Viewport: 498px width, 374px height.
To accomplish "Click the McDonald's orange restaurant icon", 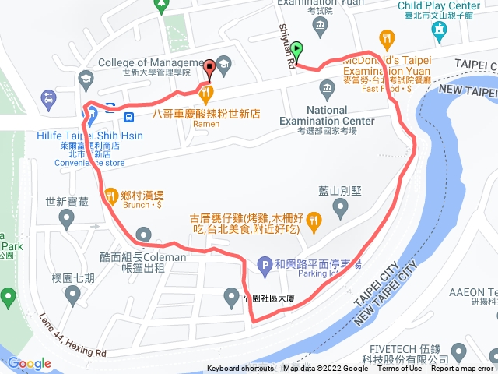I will coord(388,37).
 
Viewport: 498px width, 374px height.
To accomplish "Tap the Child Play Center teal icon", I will coord(438,30).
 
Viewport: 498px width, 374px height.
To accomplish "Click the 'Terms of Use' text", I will coord(399,369).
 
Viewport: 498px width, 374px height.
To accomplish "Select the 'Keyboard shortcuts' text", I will coord(240,369).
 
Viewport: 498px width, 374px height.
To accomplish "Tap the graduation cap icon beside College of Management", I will coord(224,63).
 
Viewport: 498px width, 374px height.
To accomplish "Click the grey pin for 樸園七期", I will coord(73,294).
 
